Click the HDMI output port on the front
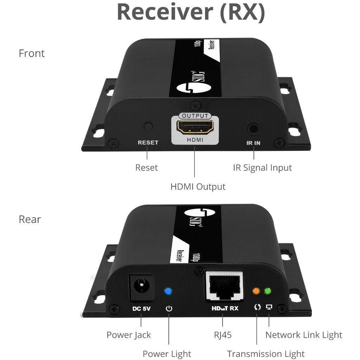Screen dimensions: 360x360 pos(194,128)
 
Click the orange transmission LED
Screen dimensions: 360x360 pos(256,291)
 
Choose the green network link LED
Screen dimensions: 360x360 pos(268,291)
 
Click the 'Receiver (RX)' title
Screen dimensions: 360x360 pos(191,12)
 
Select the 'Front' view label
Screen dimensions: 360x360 pos(32,53)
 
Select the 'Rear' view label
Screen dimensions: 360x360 pos(30,219)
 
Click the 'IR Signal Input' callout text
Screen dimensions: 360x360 pos(262,168)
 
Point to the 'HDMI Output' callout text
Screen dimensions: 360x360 pos(198,186)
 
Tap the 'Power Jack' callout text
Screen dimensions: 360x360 pos(129,335)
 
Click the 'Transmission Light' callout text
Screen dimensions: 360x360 pos(266,354)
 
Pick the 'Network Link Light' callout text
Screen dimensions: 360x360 pos(304,335)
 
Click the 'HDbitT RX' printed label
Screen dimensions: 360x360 pos(225,308)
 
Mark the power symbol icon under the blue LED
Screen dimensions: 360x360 pos(169,308)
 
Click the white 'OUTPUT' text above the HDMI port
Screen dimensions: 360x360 pos(195,116)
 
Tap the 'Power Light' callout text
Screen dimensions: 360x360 pos(167,354)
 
